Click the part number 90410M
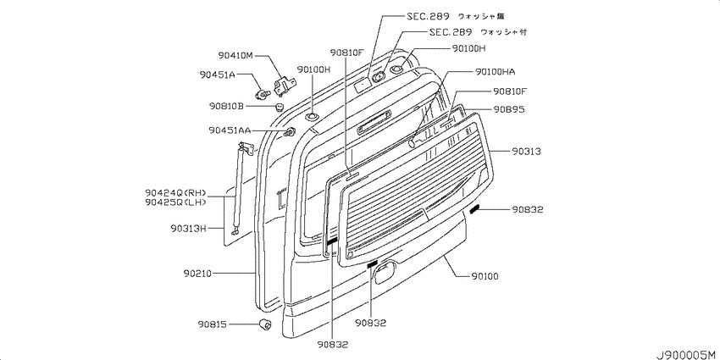pyautogui.click(x=235, y=56)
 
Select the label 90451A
pyautogui.click(x=217, y=75)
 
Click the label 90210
pyautogui.click(x=197, y=274)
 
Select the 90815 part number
pyautogui.click(x=213, y=324)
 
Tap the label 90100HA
pyautogui.click(x=495, y=72)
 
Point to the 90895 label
pyautogui.click(x=509, y=109)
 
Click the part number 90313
pyautogui.click(x=527, y=151)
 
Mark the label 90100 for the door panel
pyautogui.click(x=485, y=276)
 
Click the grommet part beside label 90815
pyautogui.click(x=265, y=324)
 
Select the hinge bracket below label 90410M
pyautogui.click(x=285, y=86)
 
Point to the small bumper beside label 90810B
pyautogui.click(x=279, y=108)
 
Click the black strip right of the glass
pyautogui.click(x=474, y=209)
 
